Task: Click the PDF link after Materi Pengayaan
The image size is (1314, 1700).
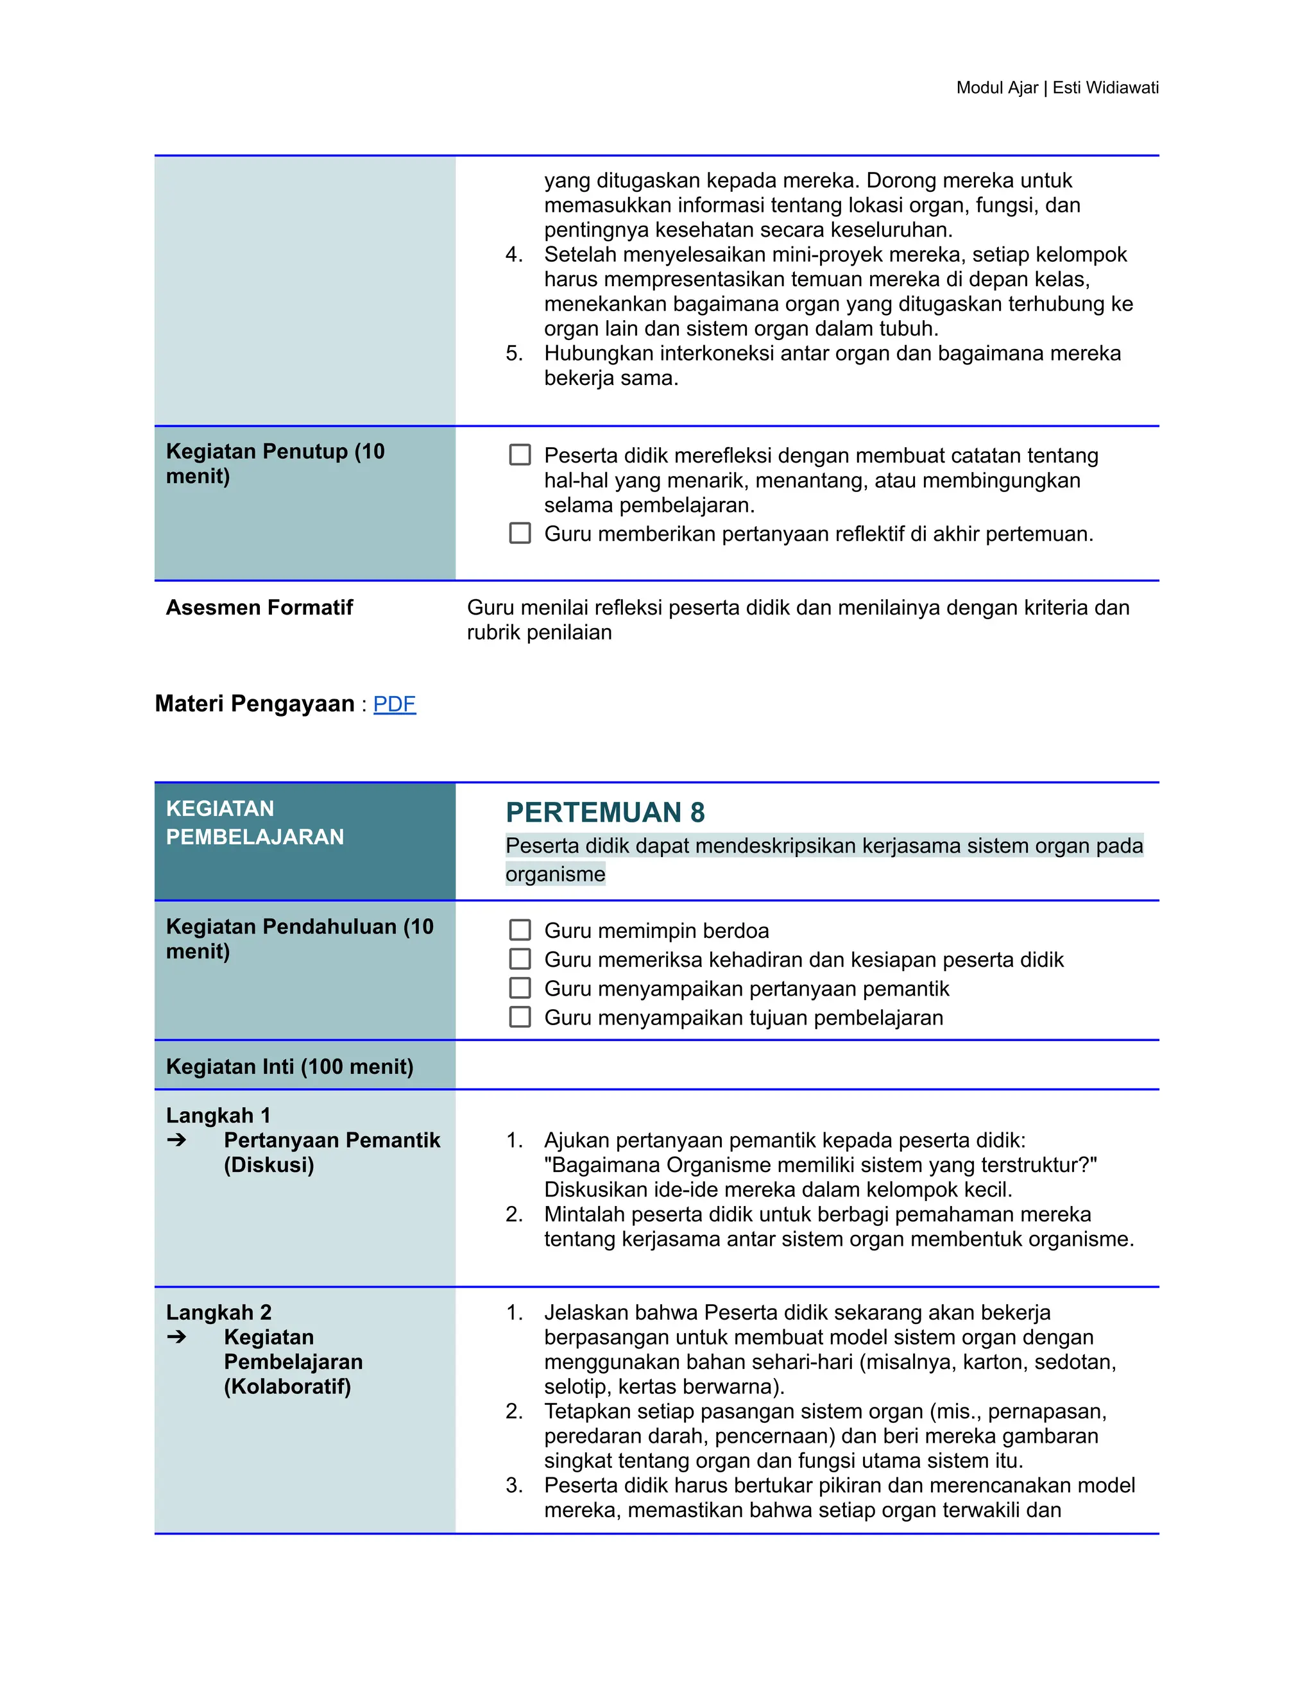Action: tap(394, 704)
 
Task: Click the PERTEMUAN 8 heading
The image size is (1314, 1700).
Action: tap(605, 812)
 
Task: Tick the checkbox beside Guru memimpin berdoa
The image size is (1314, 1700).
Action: tap(519, 930)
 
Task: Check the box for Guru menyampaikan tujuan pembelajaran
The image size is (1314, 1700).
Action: tap(519, 1017)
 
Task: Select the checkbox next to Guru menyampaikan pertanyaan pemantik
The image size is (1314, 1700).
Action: tap(519, 988)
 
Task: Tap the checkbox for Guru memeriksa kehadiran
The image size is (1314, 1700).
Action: tap(519, 959)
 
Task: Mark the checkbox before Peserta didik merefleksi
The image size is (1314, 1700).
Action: tap(519, 455)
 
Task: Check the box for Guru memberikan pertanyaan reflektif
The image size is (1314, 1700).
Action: tap(519, 533)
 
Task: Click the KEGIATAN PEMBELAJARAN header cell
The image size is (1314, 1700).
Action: tap(255, 823)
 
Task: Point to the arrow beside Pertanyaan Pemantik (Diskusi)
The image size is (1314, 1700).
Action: tap(176, 1141)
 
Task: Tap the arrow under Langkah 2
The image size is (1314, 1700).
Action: tap(176, 1338)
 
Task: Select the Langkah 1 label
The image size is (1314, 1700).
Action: tap(218, 1116)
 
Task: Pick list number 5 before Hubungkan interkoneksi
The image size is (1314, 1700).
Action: tap(514, 353)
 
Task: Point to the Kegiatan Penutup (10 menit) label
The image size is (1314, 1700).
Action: tap(275, 463)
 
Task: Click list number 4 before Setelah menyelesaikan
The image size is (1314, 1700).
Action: tap(514, 255)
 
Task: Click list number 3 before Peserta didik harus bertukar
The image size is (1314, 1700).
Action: tap(514, 1485)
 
